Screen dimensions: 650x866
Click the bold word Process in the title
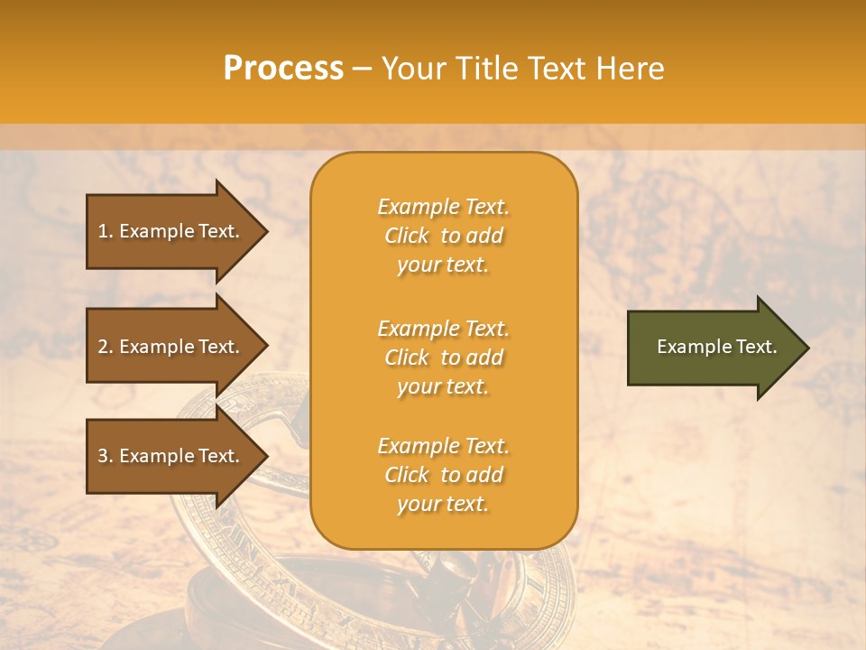tap(283, 69)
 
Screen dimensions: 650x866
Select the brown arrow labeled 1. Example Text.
tap(171, 231)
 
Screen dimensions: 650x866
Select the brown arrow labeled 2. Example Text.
tap(171, 347)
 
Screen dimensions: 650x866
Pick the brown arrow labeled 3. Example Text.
tap(171, 456)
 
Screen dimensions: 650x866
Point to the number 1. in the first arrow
tap(105, 231)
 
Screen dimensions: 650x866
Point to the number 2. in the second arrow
tap(105, 347)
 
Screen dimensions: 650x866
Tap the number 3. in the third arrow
tap(105, 456)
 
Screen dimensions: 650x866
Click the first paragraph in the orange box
tap(443, 236)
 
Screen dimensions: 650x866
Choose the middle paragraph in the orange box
tap(443, 357)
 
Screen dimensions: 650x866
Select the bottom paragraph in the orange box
tap(443, 475)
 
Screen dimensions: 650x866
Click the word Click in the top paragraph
tap(407, 237)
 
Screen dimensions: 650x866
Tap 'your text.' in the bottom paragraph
tap(443, 504)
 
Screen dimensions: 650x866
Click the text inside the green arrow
tap(716, 347)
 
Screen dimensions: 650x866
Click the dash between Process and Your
tap(362, 69)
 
